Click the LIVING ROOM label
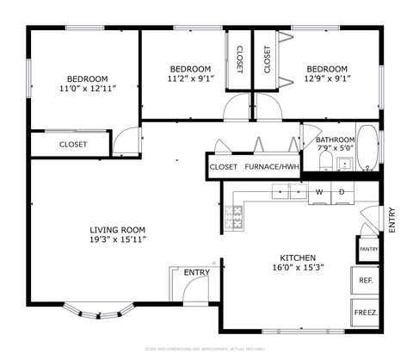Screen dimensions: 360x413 coord(118,230)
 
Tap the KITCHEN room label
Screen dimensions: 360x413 coord(298,258)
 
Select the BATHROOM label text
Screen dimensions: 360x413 coord(335,140)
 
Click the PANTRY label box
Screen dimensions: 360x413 coord(368,250)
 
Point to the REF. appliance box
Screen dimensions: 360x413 coord(365,281)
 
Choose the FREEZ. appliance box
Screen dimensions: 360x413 coord(365,313)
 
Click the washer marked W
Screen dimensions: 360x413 coord(320,191)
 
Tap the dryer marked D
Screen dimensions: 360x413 coord(342,191)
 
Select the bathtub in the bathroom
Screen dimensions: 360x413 coord(367,148)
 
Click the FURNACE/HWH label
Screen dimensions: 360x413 coord(272,167)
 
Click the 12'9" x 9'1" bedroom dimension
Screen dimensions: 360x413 coord(327,79)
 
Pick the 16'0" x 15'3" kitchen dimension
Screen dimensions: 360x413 coord(298,268)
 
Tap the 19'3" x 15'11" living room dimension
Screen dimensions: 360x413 coord(118,240)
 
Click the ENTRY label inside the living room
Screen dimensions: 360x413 coord(197,273)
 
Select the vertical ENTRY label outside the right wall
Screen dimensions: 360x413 coord(391,220)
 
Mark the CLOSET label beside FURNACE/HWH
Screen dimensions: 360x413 coord(224,167)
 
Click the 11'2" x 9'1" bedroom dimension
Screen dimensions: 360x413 coord(189,79)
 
